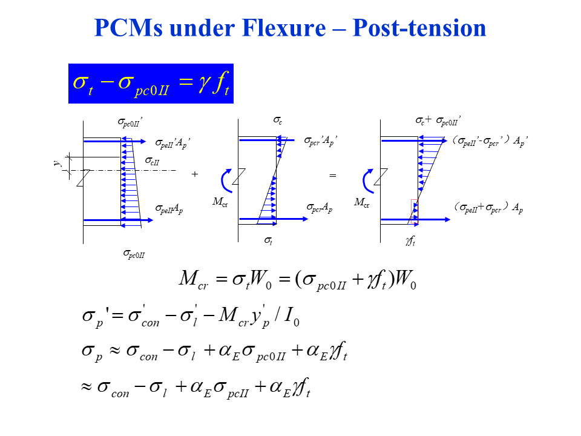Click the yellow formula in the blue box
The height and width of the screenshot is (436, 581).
(x=151, y=84)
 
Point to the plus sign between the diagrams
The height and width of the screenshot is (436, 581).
(x=194, y=174)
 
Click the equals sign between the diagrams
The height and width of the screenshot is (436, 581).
(x=332, y=175)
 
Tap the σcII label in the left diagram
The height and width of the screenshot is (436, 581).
(x=153, y=160)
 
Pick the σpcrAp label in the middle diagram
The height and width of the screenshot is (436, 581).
(x=320, y=207)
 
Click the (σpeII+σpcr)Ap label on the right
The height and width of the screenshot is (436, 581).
(x=488, y=208)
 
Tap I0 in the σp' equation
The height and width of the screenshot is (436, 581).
(x=292, y=317)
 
